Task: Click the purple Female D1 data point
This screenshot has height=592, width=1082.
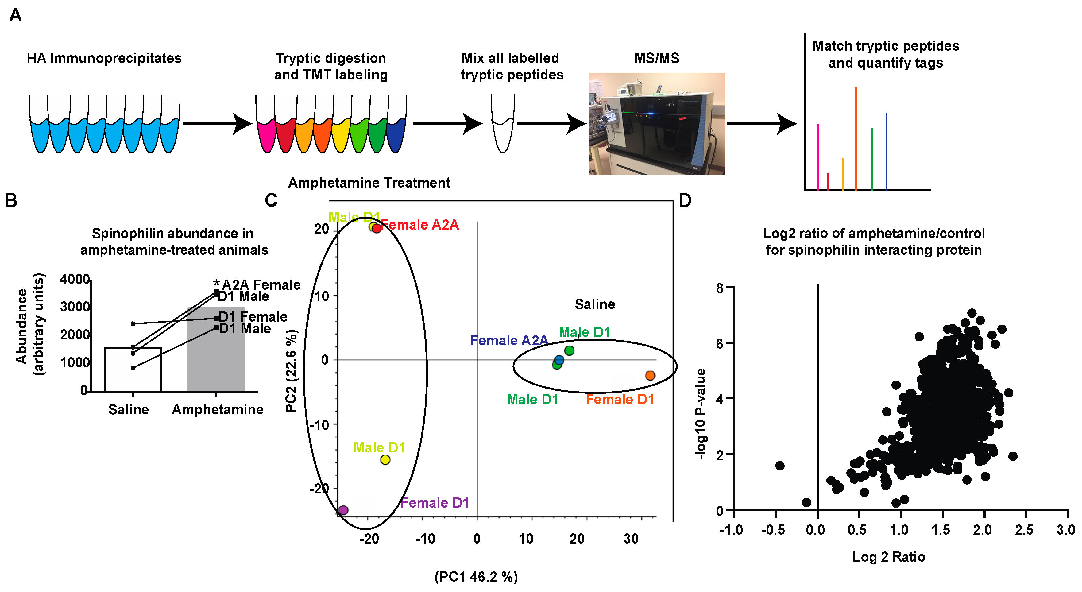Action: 343,510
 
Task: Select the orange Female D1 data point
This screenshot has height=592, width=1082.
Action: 650,375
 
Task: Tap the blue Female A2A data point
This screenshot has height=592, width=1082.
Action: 559,360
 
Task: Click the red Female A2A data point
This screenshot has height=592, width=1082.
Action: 377,228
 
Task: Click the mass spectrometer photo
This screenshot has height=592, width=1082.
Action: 656,124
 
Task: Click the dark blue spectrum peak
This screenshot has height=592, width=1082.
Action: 886,151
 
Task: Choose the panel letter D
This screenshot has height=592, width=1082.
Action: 685,200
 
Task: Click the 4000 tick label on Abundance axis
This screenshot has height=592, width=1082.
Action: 75,279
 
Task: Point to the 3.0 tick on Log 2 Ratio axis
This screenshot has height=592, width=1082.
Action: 1066,530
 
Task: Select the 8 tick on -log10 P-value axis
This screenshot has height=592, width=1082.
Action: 720,288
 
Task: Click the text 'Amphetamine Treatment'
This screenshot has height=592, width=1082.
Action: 369,183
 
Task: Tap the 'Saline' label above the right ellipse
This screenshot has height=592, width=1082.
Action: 595,304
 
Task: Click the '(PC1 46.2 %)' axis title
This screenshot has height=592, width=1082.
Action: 476,577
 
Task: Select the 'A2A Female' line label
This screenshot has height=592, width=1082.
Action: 261,284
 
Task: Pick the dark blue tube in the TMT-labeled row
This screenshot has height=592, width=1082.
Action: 396,134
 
